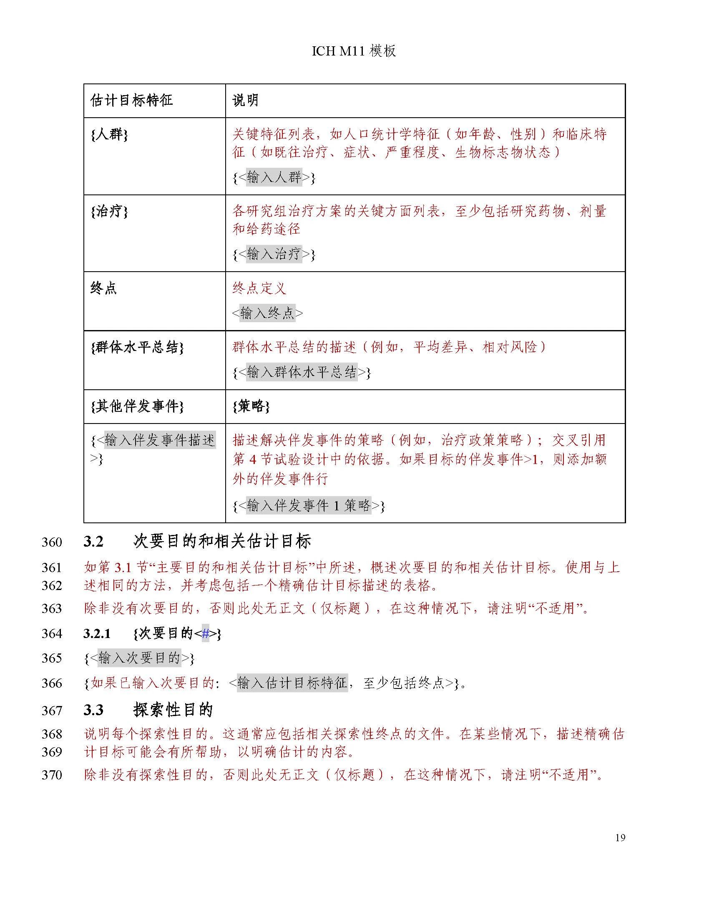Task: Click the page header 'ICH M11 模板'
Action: [354, 51]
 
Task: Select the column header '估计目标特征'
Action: [131, 101]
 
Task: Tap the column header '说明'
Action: [245, 101]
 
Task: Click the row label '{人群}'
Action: [109, 134]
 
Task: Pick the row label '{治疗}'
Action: [109, 211]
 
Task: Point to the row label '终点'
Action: [103, 288]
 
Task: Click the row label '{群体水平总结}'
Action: [137, 347]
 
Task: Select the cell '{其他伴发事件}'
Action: [137, 406]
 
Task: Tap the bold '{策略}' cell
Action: [251, 406]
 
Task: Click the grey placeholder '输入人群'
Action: [274, 177]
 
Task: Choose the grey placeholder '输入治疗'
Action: [274, 254]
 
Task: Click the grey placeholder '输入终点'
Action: [268, 313]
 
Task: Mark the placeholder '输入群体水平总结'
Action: [302, 372]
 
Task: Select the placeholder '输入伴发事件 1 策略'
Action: [309, 505]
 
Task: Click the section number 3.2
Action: [93, 542]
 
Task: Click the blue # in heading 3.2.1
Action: [205, 633]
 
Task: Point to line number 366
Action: [52, 683]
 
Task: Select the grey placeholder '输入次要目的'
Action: [139, 658]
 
